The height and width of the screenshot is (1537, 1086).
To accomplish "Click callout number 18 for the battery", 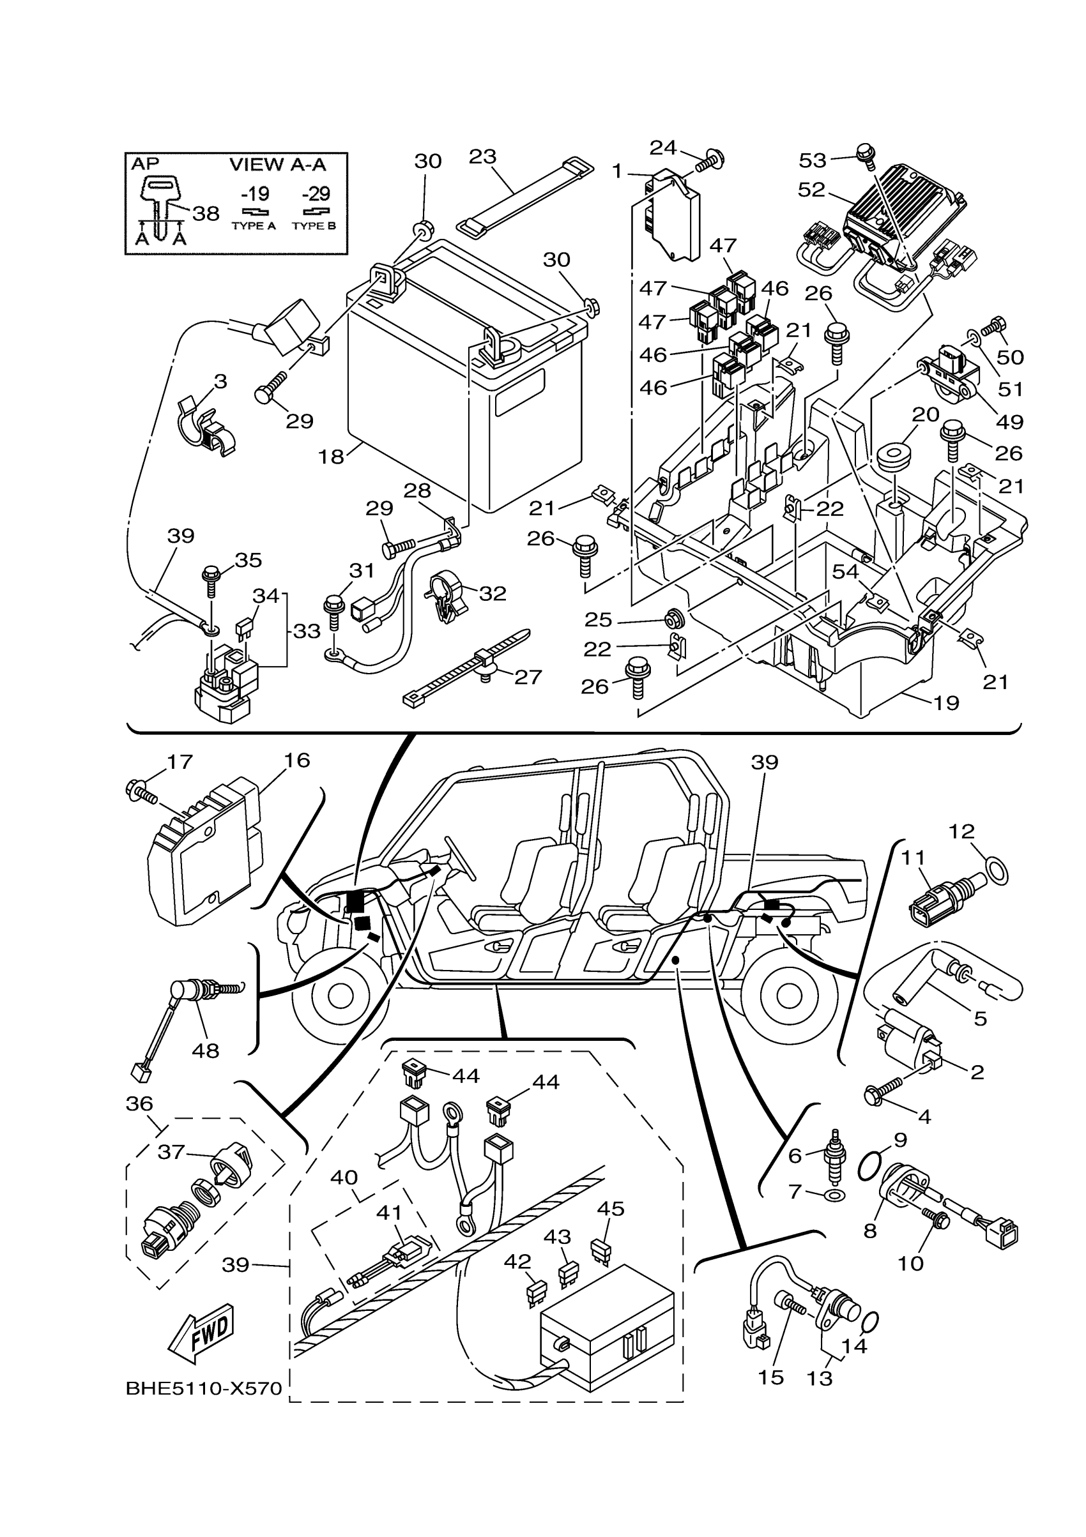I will [332, 457].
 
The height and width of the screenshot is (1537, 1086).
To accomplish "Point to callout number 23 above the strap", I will [482, 156].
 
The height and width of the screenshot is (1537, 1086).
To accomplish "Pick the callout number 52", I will [811, 190].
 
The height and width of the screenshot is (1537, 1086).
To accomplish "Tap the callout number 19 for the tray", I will [946, 703].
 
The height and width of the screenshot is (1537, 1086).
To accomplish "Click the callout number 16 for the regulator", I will [296, 761].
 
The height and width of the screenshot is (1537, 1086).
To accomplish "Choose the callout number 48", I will [205, 1050].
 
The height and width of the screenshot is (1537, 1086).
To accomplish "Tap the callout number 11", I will [914, 858].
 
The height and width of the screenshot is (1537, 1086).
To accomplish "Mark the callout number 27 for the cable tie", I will [528, 677].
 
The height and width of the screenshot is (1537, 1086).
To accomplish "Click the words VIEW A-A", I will [277, 164].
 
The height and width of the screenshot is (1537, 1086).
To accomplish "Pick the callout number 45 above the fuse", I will [610, 1208].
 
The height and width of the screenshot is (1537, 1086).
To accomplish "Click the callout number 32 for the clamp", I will [493, 593].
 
